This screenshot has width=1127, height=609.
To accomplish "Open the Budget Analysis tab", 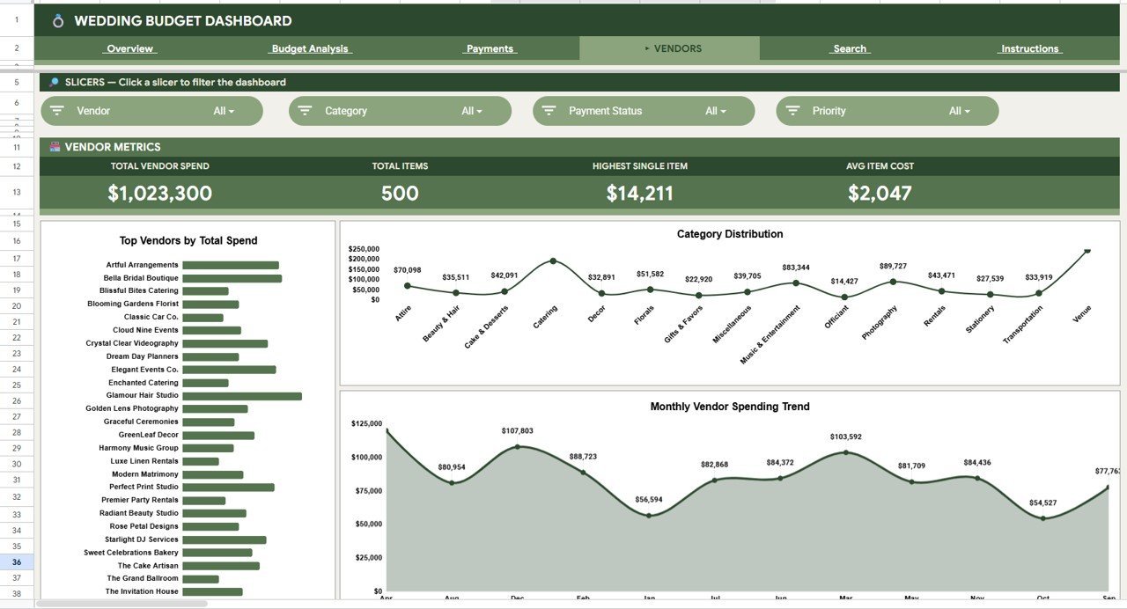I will point(309,49).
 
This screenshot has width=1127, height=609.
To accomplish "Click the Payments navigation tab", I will point(490,49).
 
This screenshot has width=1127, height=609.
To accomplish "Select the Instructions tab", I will point(1029,49).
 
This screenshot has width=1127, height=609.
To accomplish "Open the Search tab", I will point(850,49).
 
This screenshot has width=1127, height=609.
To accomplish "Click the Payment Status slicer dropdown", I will point(644,111).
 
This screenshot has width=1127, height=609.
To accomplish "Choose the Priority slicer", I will point(887,111).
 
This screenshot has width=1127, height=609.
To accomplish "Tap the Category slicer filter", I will point(400,111).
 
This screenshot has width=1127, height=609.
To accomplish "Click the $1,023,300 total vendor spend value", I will point(159,194).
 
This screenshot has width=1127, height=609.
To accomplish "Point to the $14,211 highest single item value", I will point(640,194).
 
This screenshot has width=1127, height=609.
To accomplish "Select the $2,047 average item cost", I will point(880,194).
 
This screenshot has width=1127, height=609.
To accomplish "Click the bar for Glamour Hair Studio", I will point(242,396).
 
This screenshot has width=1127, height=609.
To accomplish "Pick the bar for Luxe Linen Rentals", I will point(201,461).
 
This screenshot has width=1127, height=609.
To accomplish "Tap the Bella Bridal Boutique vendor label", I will point(141,278).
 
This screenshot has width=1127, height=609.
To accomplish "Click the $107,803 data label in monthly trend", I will point(517,431).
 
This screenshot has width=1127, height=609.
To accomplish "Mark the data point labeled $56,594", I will point(649,515).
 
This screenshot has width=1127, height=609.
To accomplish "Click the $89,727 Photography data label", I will point(893,266).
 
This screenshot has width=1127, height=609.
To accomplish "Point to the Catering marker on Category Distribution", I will point(553,260).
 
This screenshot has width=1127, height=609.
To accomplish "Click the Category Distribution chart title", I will point(729,234).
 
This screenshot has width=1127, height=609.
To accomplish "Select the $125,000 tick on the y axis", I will point(366,424).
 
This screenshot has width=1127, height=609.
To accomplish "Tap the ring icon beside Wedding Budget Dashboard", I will point(58,21).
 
